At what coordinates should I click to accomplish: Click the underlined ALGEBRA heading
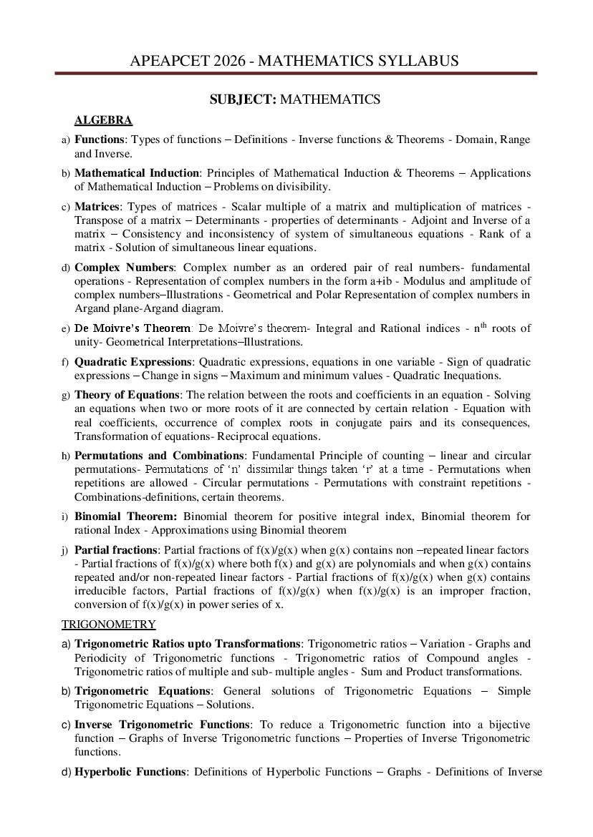pos(103,120)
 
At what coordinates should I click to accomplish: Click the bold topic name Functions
pos(100,139)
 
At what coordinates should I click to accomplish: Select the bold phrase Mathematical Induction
pos(137,173)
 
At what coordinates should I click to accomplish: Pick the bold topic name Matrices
pos(97,207)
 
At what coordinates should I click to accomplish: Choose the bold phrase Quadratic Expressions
pos(133,362)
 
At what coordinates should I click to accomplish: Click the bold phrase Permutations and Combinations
pos(159,456)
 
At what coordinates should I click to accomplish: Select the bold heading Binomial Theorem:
pos(125,517)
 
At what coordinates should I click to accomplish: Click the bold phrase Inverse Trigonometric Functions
pos(163,725)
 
